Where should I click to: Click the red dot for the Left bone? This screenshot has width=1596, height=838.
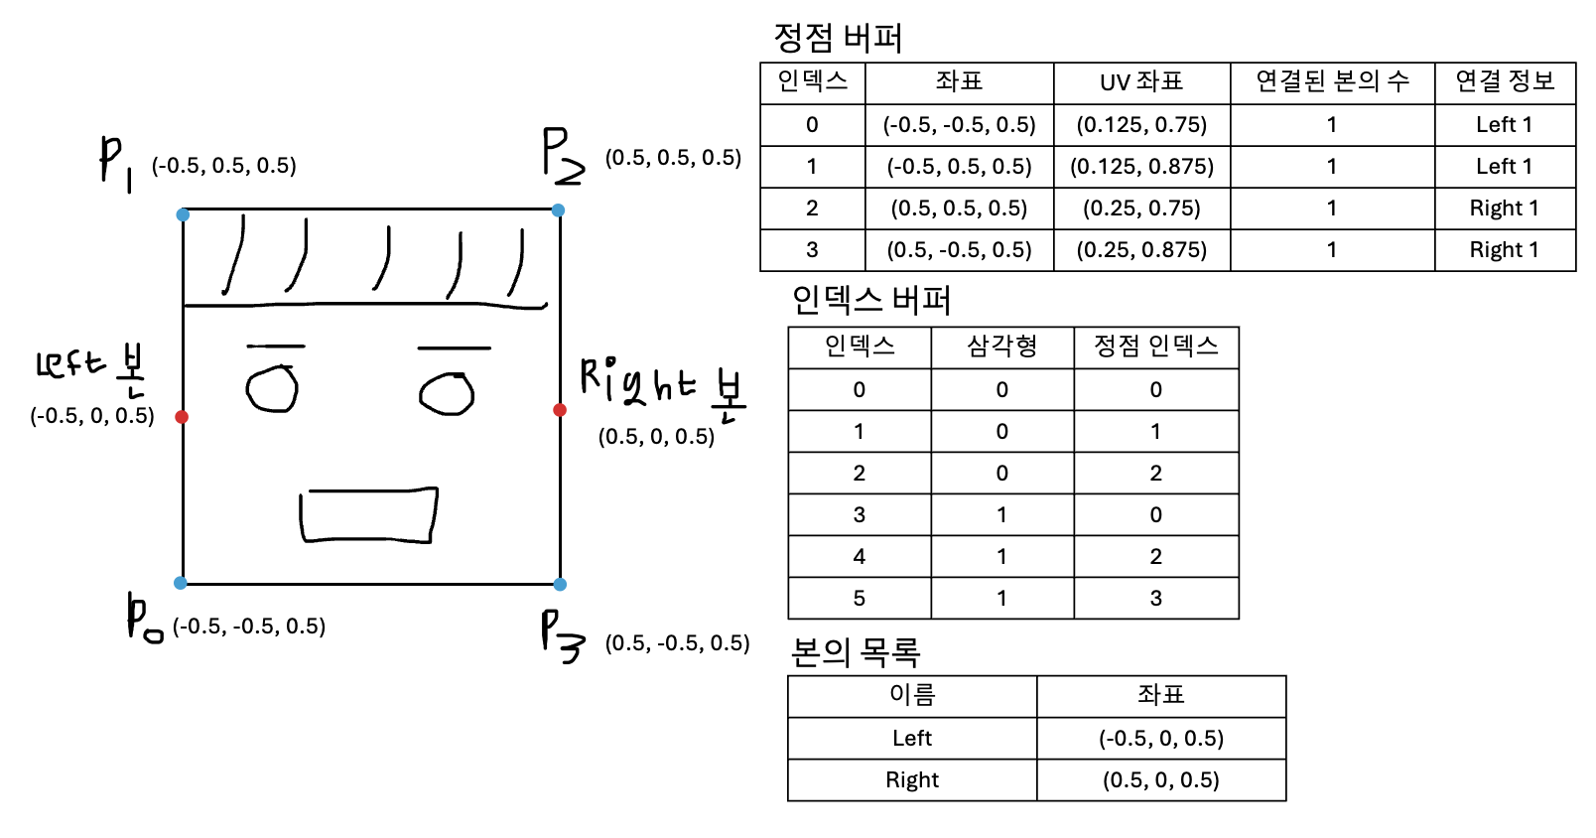(182, 417)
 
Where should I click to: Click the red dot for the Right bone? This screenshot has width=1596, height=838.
(560, 410)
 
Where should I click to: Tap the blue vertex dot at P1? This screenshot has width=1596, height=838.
(183, 214)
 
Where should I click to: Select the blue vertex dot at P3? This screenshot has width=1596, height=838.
(560, 585)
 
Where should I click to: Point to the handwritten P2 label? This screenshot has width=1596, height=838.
(562, 156)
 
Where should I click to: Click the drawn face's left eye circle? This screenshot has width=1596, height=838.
(272, 388)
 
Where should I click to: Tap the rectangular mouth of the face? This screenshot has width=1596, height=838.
(368, 515)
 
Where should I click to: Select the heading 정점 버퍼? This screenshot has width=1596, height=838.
(838, 38)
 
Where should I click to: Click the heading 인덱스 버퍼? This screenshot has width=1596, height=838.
(870, 299)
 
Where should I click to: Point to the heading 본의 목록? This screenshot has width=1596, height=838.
(855, 651)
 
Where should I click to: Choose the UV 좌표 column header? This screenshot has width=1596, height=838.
(1141, 82)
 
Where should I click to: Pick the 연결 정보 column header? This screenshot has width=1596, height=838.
(1505, 81)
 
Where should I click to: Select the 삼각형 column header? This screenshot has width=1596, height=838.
(1001, 347)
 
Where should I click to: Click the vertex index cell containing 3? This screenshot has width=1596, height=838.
(1155, 598)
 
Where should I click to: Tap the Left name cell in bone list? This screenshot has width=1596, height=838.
(911, 738)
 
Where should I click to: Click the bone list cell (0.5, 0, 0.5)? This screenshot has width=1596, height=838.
(1160, 779)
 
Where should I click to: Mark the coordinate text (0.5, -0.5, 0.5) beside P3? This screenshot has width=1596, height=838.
(678, 643)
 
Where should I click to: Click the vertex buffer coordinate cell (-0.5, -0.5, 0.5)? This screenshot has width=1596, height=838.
(959, 125)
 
